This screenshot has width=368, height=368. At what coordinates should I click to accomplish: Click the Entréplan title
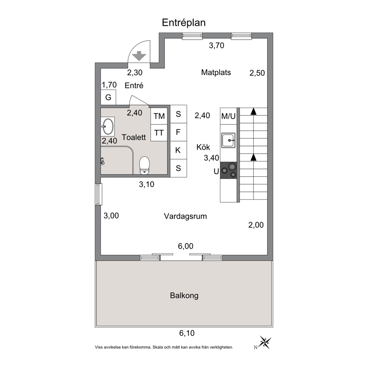(x=184, y=23)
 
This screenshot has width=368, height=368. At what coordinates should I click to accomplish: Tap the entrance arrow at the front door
(x=139, y=56)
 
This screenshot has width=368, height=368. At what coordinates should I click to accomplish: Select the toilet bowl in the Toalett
(x=144, y=165)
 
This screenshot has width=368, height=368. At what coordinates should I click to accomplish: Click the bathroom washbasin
(x=108, y=126)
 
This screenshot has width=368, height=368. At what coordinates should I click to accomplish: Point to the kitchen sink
(x=229, y=140)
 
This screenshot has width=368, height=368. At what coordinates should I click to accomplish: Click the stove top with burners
(x=229, y=170)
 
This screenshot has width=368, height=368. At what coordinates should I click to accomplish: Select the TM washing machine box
(x=159, y=116)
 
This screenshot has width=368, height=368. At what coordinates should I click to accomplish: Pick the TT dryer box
(x=159, y=133)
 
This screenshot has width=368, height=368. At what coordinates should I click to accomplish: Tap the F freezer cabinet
(x=178, y=132)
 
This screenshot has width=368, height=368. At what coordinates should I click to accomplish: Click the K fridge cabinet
(x=178, y=150)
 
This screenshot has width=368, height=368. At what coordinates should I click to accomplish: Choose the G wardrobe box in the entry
(x=108, y=97)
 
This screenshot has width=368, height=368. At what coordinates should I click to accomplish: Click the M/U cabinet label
(x=229, y=116)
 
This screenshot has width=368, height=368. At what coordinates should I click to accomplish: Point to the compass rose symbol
(x=265, y=342)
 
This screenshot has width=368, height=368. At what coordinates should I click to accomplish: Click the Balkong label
(x=184, y=296)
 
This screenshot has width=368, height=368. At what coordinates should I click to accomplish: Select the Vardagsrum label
(x=185, y=216)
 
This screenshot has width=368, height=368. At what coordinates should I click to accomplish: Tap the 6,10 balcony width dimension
(x=187, y=333)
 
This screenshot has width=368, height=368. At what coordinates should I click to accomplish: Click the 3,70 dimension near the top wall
(x=216, y=45)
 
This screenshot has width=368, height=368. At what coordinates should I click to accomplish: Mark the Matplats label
(x=216, y=72)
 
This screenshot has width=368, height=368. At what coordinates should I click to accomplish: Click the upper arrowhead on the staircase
(x=253, y=112)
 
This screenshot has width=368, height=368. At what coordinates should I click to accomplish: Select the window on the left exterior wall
(x=99, y=194)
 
